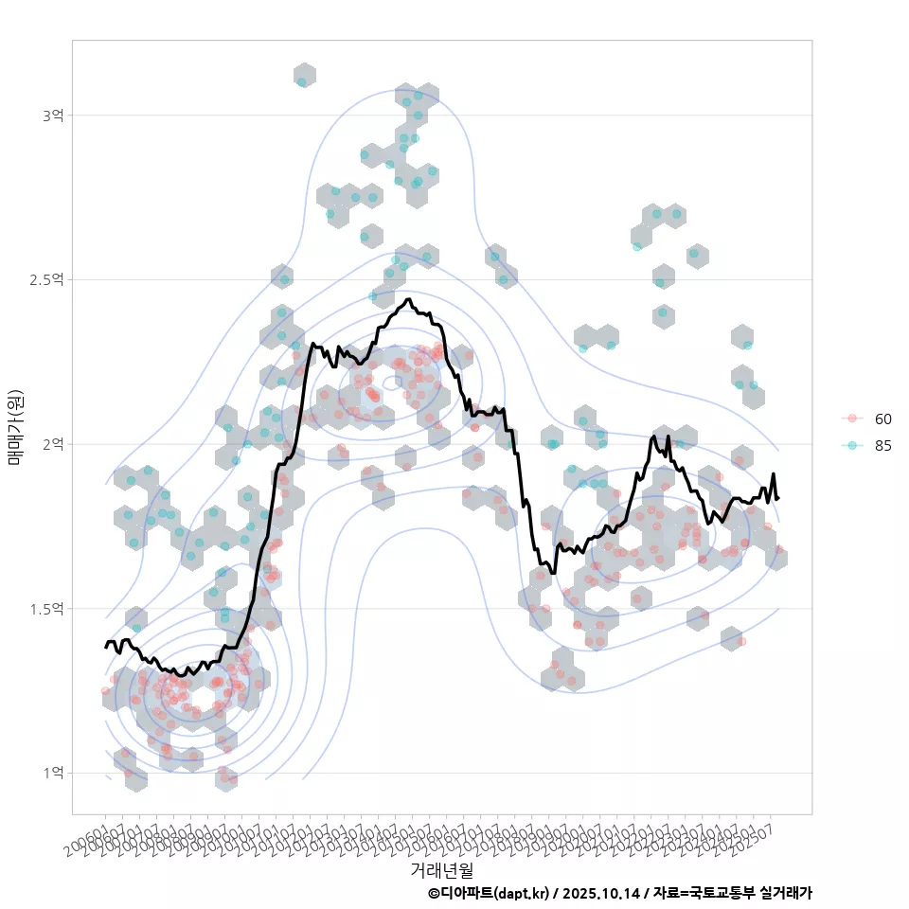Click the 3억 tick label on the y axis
tap(52, 116)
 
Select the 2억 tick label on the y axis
tap(52, 444)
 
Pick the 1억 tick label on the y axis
tap(52, 774)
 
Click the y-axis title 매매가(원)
tap(15, 426)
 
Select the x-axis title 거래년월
tap(441, 868)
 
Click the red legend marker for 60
tap(852, 419)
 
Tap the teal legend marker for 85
tap(852, 446)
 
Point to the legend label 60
tap(882, 419)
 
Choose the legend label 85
tap(882, 446)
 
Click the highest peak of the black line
tap(408, 299)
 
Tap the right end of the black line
tap(777, 498)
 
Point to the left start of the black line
tap(105, 647)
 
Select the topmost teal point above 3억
tap(302, 82)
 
